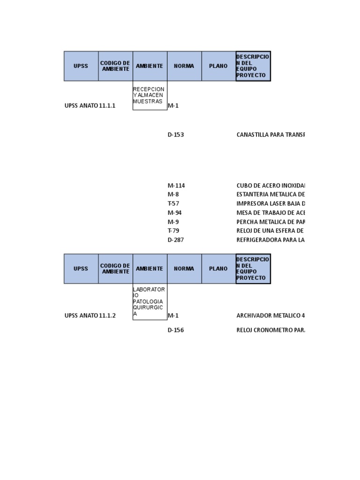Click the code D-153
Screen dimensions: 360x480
[x=176, y=135]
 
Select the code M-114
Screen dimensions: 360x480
[x=176, y=186]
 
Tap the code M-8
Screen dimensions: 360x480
[x=173, y=195]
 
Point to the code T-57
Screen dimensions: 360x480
[x=173, y=203]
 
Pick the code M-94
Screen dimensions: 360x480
[x=175, y=213]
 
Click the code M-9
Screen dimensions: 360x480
[x=173, y=222]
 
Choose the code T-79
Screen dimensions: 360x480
[x=173, y=231]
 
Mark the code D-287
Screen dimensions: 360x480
[x=176, y=240]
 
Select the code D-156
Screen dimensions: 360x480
[x=176, y=330]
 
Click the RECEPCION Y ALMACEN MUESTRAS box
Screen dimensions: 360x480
[x=150, y=96]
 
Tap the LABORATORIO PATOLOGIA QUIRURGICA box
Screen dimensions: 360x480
[x=150, y=302]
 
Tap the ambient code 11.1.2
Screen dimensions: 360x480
[x=107, y=315]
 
